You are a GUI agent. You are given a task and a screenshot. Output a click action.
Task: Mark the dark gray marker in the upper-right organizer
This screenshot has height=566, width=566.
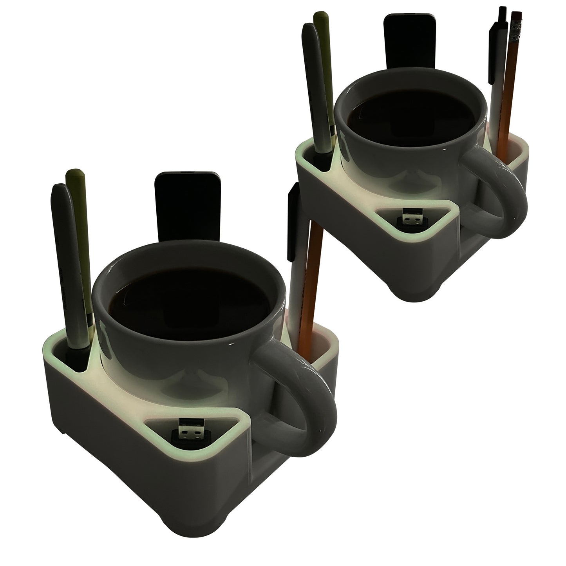[x=313, y=90]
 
